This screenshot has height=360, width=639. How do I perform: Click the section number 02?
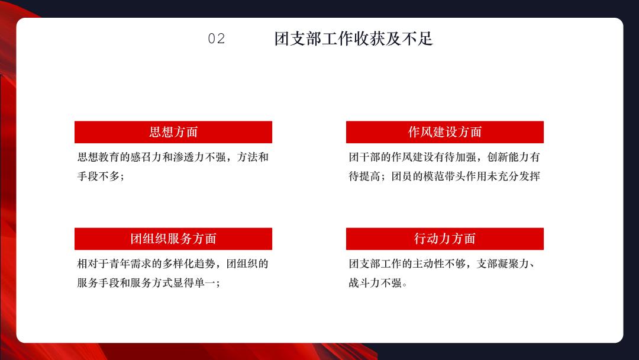[217, 38]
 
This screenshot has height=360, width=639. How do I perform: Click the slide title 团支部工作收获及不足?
[353, 38]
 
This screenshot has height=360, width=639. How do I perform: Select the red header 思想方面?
[173, 132]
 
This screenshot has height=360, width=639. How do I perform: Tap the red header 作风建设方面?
[444, 132]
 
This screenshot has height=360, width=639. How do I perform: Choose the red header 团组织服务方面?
[173, 239]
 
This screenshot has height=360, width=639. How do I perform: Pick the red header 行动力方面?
[444, 239]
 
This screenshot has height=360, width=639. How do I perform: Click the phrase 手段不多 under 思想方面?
[98, 176]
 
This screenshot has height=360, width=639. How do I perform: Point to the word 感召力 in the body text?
[146, 157]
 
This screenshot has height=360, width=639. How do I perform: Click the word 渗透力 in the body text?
[189, 157]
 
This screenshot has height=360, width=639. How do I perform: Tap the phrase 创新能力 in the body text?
[508, 157]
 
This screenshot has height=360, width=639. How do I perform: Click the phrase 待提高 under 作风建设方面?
[364, 176]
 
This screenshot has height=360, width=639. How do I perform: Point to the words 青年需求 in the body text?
[130, 263]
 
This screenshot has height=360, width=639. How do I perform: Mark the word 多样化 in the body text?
[178, 263]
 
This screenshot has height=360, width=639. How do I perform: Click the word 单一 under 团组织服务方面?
[205, 283]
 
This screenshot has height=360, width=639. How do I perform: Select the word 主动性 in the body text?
[428, 263]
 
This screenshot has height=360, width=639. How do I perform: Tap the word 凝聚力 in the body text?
[514, 263]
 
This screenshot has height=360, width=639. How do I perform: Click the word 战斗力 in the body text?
[364, 283]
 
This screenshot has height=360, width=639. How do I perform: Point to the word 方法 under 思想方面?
[247, 157]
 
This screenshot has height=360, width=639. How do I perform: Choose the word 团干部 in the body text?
[364, 157]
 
